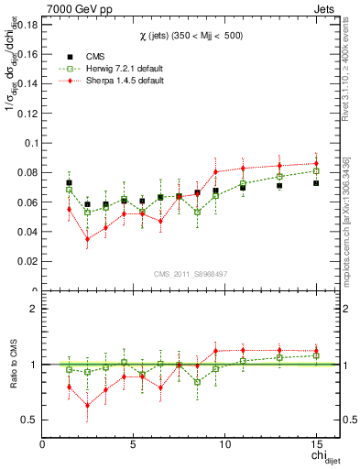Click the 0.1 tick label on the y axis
pos(28,143)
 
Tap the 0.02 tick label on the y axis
pos(26,261)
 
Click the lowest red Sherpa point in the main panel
pos(87,239)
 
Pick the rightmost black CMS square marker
pos(316,183)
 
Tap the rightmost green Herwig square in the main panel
pos(316,171)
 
